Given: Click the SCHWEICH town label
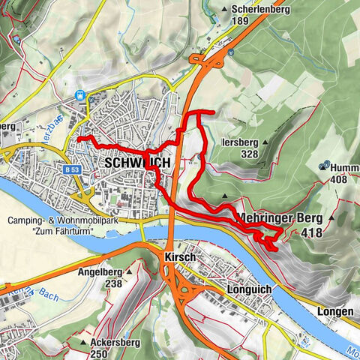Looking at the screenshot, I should pyautogui.click(x=138, y=163).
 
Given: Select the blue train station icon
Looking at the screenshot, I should pyautogui.click(x=80, y=96).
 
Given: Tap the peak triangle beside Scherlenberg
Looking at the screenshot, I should pyautogui.click(x=225, y=10).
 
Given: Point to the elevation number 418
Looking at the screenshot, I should pyautogui.click(x=313, y=233).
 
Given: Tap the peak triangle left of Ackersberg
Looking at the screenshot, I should pyautogui.click(x=82, y=343).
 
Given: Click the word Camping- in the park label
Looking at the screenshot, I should pyautogui.click(x=28, y=220).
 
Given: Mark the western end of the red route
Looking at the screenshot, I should pyautogui.click(x=79, y=139).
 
